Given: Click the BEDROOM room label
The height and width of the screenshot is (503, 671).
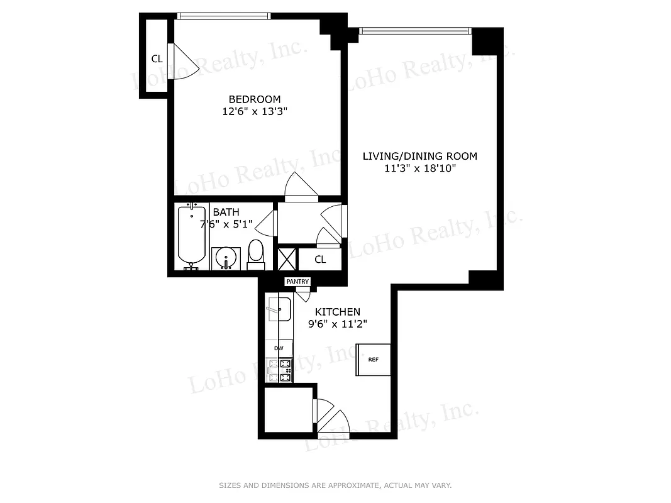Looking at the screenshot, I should pos(254,99).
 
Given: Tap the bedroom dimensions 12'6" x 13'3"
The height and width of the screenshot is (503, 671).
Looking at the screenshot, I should pos(254,111).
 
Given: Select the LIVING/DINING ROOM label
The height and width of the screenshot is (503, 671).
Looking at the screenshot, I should pos(419,156).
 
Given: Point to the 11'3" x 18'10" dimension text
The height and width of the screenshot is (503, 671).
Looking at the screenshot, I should pos(419,169).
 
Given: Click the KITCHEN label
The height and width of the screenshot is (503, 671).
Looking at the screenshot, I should pos(338,312).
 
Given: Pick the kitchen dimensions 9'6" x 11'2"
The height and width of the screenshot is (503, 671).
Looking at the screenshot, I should pos(338,324).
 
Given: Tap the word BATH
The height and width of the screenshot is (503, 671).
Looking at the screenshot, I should pos(226,213).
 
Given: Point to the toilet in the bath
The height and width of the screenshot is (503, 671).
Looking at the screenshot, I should pos(256,253).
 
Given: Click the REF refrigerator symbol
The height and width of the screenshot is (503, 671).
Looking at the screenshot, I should pos(374,360).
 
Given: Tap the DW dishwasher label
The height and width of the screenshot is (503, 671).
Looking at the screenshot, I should pos(279,348).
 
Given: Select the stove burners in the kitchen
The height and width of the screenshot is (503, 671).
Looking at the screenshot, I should pos(280,370).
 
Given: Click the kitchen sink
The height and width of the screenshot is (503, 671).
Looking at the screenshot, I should pos(279,309).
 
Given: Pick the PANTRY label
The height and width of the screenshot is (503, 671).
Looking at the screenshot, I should pos(297,282).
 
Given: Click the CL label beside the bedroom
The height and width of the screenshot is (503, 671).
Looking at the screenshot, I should pos(157,59).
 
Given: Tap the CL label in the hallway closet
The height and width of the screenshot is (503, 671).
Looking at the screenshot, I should pos(320,259).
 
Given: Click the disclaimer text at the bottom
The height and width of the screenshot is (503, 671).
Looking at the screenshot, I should pos(335,485).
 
